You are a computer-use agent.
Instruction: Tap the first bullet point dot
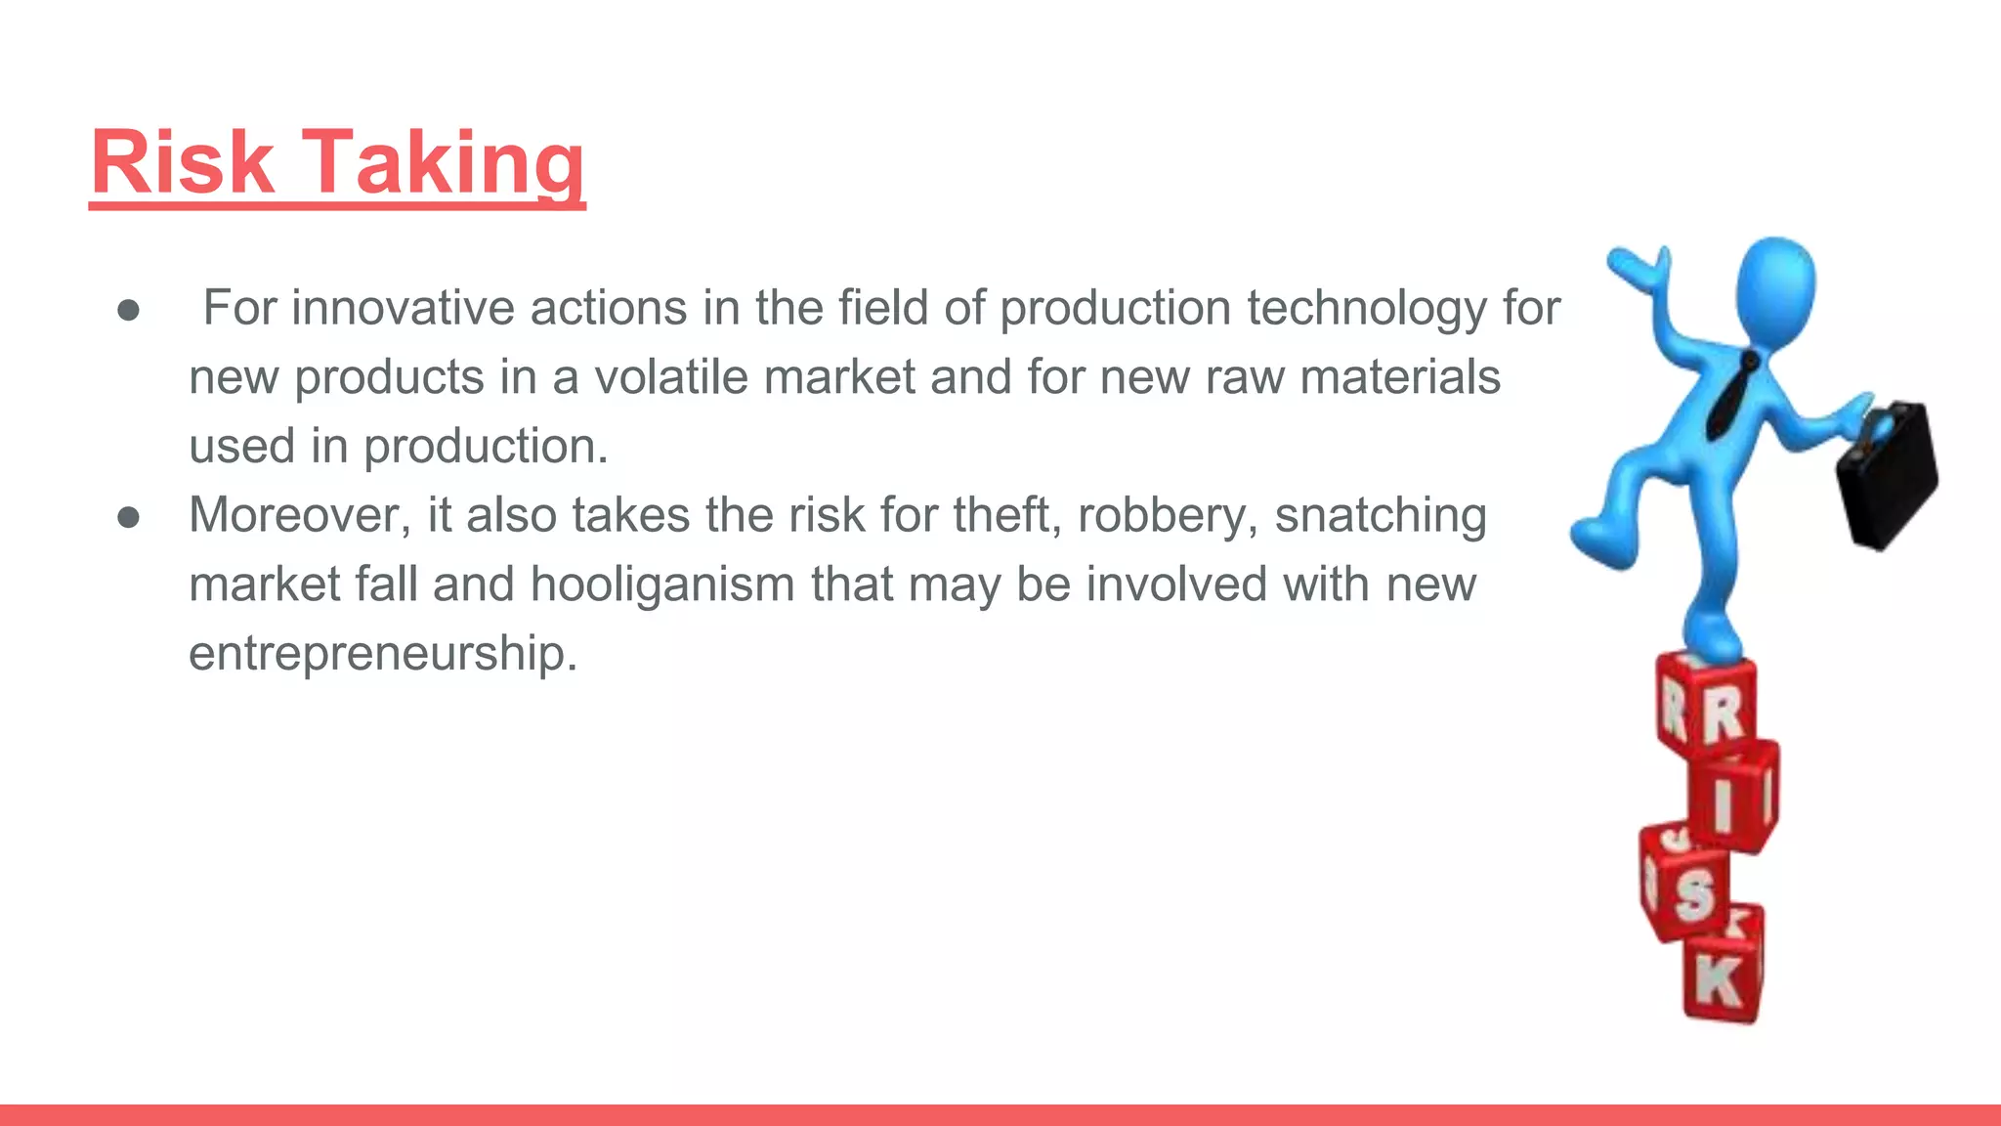pyautogui.click(x=128, y=311)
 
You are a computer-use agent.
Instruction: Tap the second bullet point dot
pyautogui.click(x=128, y=517)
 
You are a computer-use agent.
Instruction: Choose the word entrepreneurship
pyautogui.click(x=383, y=653)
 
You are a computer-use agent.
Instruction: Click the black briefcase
pyautogui.click(x=1886, y=474)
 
